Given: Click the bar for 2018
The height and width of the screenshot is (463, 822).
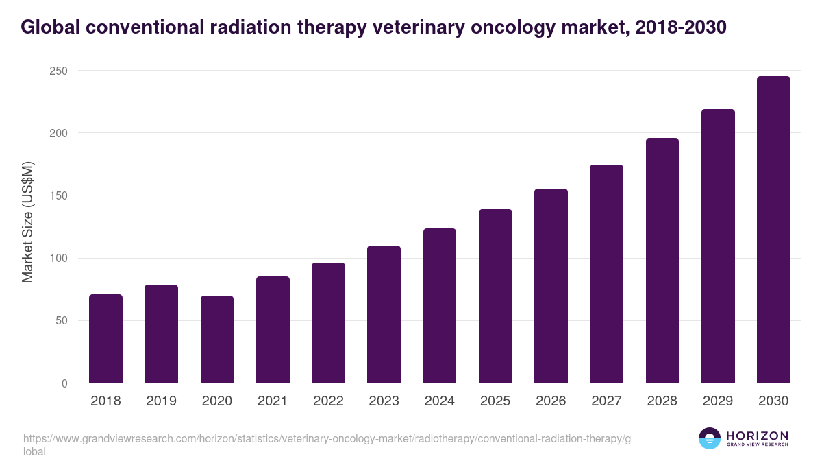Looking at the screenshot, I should coord(105,339).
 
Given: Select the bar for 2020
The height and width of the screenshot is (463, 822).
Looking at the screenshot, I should coord(217,340).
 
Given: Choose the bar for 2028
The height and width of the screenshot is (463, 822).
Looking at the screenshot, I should coord(662,261).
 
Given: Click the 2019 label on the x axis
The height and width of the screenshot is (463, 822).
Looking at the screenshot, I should coord(161,401).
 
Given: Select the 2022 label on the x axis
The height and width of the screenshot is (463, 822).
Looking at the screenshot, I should coord(328,401).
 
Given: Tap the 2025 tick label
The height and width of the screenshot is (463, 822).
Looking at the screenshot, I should coord(495,401).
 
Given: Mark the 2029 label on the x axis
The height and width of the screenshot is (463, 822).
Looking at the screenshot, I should coord(718,401).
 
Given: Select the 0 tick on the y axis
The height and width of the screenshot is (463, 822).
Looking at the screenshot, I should coord(64,383).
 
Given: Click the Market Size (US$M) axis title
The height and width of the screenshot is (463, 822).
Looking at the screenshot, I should coord(27,222).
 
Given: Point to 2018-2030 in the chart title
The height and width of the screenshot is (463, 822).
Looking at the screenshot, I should coord(680,27).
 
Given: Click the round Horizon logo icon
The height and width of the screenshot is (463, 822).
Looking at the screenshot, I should coord(710,438).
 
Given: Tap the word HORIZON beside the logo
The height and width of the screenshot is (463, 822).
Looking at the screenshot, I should coord(757,435).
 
